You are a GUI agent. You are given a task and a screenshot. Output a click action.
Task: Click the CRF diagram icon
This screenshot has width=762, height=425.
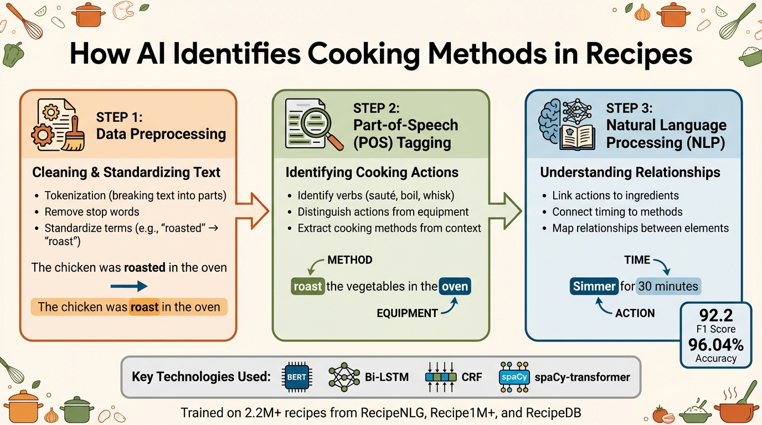440,377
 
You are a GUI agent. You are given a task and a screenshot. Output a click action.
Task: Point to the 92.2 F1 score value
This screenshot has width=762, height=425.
715,316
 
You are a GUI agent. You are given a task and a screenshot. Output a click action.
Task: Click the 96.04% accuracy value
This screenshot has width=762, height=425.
715,344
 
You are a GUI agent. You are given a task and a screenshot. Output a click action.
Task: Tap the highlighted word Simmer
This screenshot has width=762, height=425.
594,286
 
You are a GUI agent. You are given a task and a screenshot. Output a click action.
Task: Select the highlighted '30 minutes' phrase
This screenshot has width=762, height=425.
668,286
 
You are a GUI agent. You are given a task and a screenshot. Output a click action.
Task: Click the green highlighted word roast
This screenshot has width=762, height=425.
307,286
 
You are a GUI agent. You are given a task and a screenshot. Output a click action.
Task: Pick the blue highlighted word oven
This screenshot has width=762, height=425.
455,286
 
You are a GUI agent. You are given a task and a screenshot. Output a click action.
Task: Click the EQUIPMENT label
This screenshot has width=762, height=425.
407,313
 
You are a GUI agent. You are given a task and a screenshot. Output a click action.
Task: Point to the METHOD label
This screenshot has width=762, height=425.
349,260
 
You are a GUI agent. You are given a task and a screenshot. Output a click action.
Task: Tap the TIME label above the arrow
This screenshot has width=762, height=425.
637,260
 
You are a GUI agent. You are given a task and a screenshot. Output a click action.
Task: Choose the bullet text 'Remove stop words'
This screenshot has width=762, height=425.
92,211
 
